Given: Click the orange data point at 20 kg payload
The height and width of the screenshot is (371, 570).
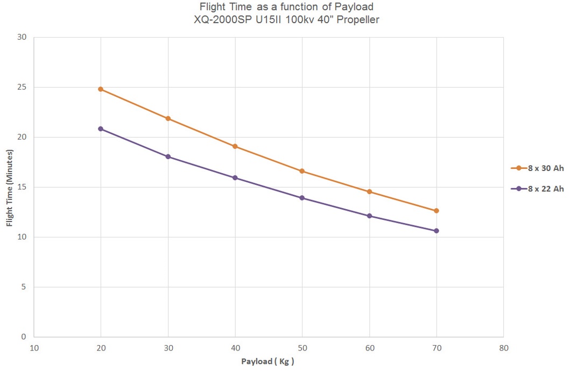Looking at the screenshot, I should (101, 89).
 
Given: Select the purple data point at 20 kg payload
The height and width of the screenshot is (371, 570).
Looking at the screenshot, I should (101, 129).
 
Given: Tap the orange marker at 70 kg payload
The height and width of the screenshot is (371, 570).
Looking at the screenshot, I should (436, 211).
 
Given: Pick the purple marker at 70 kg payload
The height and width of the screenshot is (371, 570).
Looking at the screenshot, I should (436, 231).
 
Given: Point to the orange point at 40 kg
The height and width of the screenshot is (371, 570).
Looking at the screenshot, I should (235, 146).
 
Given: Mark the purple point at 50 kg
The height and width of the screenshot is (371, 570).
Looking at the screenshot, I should (302, 198).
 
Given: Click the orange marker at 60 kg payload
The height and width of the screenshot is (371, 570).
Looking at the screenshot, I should (369, 192).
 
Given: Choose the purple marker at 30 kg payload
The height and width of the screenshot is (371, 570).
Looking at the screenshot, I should (168, 157).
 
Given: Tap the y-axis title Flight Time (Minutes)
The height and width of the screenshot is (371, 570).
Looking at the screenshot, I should (10, 187).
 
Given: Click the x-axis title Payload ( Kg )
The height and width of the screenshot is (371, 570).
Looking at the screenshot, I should (268, 361).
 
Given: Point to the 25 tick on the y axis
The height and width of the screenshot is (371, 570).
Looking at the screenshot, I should (22, 87).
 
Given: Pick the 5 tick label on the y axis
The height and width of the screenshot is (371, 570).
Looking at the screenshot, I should (24, 287).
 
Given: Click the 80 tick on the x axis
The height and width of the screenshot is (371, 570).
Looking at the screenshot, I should (503, 348).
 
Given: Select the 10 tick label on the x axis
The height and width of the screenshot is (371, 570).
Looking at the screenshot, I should (34, 348).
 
